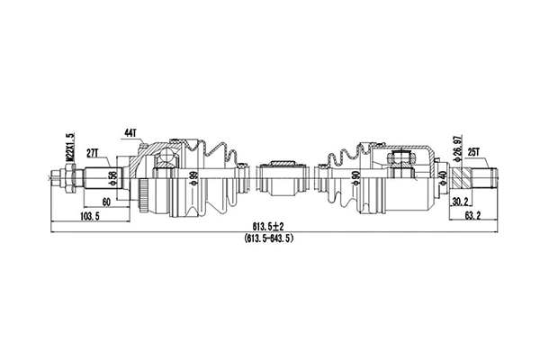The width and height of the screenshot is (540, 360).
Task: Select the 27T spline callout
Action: pyautogui.click(x=92, y=155)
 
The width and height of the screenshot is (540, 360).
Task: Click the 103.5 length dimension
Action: pyautogui.click(x=88, y=217)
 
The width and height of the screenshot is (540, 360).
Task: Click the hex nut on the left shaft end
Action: pyautogui.click(x=64, y=176)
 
